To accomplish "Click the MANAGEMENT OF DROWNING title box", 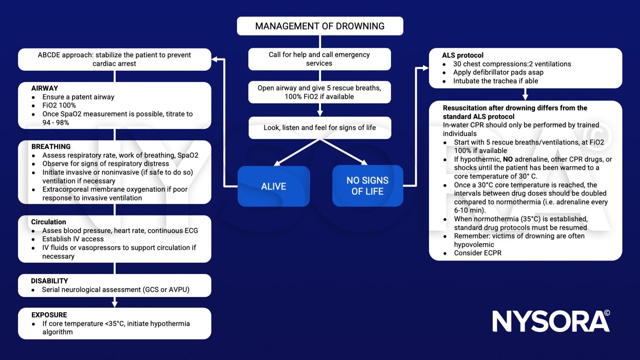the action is point(320,26).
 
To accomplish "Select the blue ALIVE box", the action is point(274,186).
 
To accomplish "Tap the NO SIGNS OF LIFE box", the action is point(367,186).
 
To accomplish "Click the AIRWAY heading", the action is point(45,88).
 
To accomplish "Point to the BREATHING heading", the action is point(51,147).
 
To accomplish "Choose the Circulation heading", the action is point(49,222).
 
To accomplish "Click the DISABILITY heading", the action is point(50,281).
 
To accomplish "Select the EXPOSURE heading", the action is point(49,315).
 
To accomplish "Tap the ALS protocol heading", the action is point(463,55).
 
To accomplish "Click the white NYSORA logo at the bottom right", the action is point(551,321).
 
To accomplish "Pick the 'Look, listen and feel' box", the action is point(320,128).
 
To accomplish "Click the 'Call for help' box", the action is point(319,59).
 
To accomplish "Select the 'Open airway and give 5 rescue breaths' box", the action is point(319,92).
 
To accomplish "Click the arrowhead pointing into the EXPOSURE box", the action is point(115,304).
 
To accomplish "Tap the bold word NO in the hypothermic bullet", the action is point(508,159).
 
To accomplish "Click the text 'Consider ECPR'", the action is point(478,253).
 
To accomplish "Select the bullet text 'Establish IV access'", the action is point(73,239).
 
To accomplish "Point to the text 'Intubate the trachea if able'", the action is point(495,81).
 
